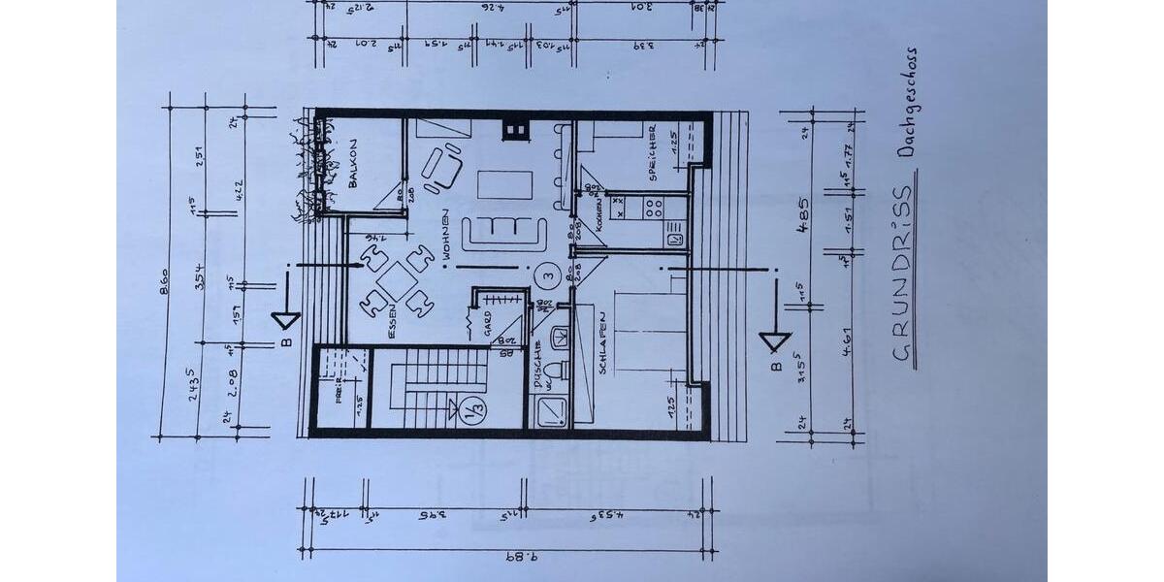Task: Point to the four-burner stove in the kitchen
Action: tap(651, 206)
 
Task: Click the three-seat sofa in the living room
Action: tap(503, 232)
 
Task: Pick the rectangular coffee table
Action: tap(505, 184)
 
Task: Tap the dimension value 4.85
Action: tap(803, 211)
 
